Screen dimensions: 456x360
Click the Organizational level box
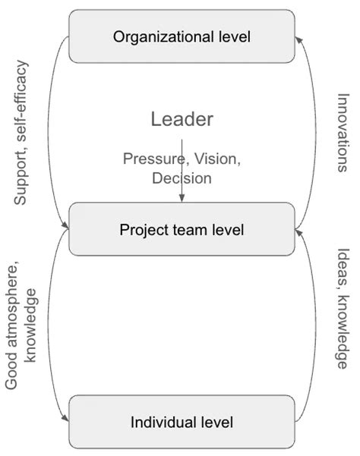(182, 36)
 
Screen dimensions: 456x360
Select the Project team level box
(182, 229)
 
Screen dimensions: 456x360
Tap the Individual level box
(182, 422)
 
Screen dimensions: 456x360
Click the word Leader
(182, 119)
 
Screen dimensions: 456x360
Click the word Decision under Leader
(182, 178)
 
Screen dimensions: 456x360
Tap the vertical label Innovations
(342, 133)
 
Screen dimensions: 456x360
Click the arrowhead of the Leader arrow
(182, 199)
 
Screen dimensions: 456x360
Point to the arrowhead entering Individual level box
(66, 417)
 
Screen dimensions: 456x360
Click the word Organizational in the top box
(156, 36)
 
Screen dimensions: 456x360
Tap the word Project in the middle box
(141, 229)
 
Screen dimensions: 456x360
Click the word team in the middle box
(181, 229)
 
